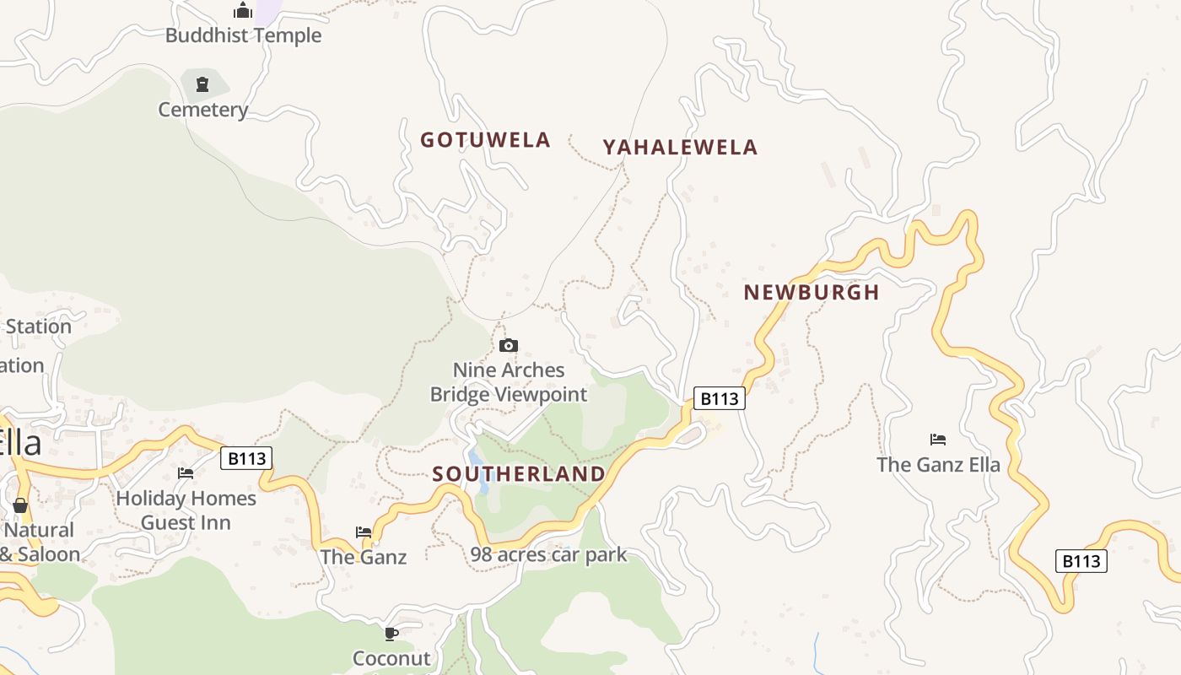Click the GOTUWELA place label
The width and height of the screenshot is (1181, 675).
485,140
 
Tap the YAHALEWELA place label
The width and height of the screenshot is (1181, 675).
680,148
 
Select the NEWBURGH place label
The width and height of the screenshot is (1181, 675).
811,293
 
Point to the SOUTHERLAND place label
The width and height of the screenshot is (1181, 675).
519,474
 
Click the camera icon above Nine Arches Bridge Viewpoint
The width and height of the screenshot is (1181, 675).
508,345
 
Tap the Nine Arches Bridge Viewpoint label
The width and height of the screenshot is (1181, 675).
508,382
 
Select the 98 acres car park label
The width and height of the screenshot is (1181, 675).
548,554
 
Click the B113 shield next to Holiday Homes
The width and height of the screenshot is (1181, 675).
246,458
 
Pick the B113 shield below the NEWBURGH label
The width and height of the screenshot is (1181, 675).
719,398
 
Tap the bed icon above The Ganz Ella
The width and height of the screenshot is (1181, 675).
938,439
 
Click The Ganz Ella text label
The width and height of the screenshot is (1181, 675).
938,464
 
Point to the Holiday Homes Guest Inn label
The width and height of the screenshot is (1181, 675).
186,510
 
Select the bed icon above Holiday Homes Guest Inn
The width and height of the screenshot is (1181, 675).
186,472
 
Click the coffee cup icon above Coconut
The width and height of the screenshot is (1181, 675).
391,633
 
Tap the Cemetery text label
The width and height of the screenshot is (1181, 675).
203,110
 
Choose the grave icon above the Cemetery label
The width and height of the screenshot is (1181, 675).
202,84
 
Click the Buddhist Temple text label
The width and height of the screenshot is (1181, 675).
243,35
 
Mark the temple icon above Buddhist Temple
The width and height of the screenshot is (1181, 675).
243,11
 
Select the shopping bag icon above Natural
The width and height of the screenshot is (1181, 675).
20,505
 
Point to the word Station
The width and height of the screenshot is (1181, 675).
39,327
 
